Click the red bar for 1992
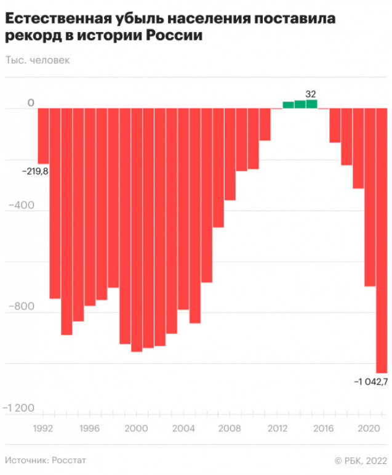click(x=43, y=136)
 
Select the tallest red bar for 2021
click(x=382, y=240)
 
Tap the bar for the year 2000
click(x=137, y=230)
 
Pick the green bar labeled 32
click(x=311, y=104)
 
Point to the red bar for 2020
click(x=370, y=197)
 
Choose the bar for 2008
click(x=230, y=154)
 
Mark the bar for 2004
click(x=183, y=209)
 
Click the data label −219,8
click(x=35, y=171)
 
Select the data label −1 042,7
click(x=371, y=382)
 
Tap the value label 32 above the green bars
click(x=311, y=94)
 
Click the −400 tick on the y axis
click(x=22, y=205)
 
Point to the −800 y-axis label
click(x=22, y=306)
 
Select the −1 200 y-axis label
click(x=18, y=408)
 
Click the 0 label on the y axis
click(x=31, y=103)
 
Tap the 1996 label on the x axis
click(x=89, y=428)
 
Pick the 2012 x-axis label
click(x=278, y=428)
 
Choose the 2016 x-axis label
click(x=323, y=428)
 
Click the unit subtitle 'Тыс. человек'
click(x=38, y=60)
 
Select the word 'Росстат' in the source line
click(x=69, y=460)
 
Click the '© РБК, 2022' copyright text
click(x=361, y=461)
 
